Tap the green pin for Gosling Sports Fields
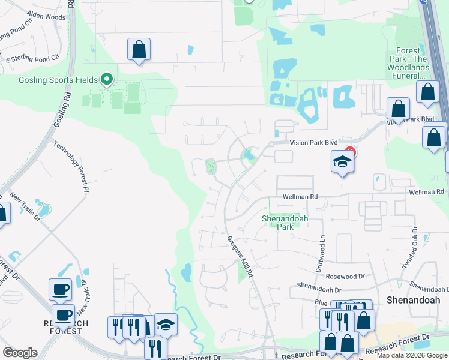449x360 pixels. pos(107,79)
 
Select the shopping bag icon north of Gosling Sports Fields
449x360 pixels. pos(139,50)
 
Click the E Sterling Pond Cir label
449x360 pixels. pos(33,59)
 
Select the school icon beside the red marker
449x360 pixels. pos(342,161)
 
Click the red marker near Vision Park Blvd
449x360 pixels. pos(351,152)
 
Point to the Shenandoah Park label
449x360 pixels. pos(285,223)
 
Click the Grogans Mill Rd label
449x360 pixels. pos(241,254)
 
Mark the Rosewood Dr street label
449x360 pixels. pos(345,276)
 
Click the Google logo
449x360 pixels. pos(19,353)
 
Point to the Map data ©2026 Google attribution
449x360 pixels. pos(412,355)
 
